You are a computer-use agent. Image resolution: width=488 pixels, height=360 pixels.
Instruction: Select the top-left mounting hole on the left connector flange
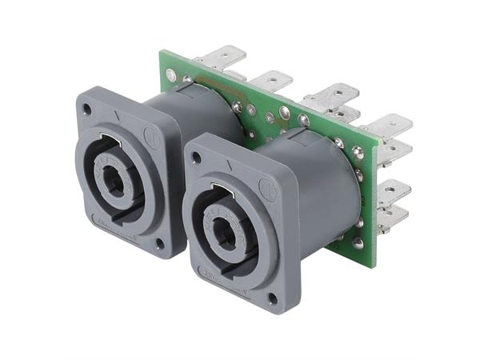[x=86, y=106]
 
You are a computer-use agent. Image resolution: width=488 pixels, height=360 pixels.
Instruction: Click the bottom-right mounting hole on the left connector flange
[x=160, y=242]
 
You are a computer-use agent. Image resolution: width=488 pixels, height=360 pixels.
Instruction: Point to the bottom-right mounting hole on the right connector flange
[x=273, y=300]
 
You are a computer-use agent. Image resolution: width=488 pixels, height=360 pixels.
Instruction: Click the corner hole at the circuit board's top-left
[x=170, y=75]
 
